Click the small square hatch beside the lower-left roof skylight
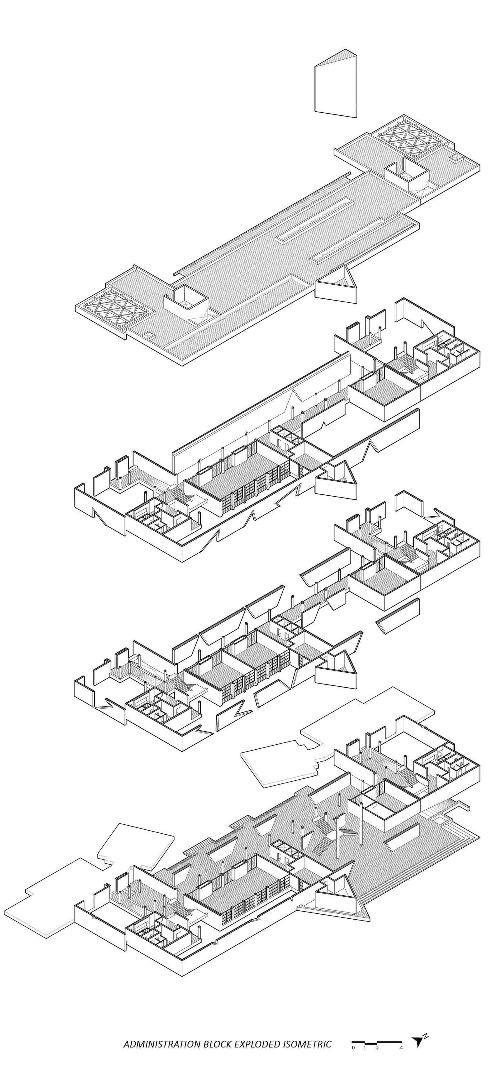click(x=149, y=336)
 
